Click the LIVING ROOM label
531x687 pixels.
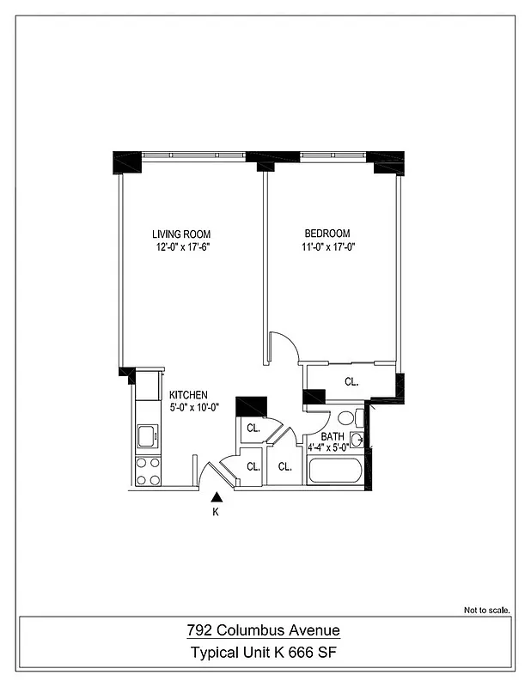tap(181, 234)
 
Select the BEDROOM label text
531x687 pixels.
tap(327, 234)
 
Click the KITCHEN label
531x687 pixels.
tap(187, 395)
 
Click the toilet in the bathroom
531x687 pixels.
tap(347, 419)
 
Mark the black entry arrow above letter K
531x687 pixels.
tap(217, 495)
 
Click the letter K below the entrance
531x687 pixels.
tap(216, 513)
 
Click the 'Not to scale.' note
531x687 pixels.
tap(487, 611)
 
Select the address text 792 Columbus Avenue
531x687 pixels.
tap(264, 631)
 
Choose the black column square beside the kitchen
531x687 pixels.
tap(251, 405)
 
